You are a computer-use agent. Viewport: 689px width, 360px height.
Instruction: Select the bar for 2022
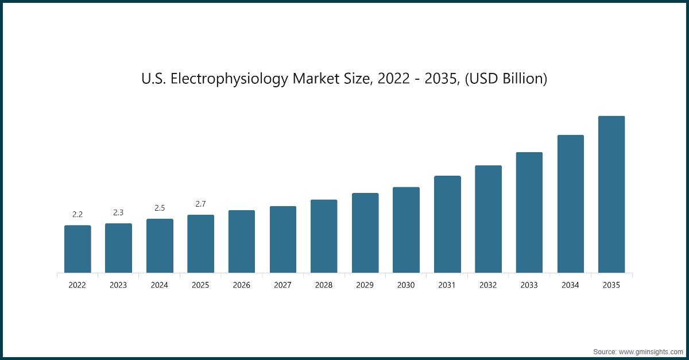click(x=78, y=249)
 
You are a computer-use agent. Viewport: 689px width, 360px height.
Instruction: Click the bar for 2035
click(x=611, y=195)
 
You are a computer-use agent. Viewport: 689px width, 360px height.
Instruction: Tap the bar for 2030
click(x=406, y=230)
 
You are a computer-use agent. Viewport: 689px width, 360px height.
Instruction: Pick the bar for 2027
click(x=283, y=239)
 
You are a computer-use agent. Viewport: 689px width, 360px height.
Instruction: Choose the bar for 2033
click(x=529, y=212)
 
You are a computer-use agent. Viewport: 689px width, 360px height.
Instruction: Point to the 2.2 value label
click(x=78, y=214)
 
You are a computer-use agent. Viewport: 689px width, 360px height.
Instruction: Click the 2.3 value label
click(x=118, y=212)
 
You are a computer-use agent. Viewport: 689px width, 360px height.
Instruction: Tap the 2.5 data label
click(x=160, y=208)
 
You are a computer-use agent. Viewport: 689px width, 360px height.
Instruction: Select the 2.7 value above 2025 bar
click(x=200, y=204)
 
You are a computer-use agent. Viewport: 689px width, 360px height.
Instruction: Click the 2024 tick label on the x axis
click(x=160, y=285)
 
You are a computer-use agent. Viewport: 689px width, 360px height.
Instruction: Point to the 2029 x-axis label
click(x=365, y=285)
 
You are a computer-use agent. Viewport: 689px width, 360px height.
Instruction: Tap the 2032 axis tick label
click(x=488, y=285)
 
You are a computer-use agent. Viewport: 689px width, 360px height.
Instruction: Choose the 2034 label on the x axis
click(x=570, y=285)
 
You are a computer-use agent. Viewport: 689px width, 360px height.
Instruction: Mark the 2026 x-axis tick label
click(x=242, y=285)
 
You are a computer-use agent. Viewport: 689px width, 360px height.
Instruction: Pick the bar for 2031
click(x=447, y=224)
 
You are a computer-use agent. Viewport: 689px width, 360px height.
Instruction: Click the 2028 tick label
click(x=324, y=285)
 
